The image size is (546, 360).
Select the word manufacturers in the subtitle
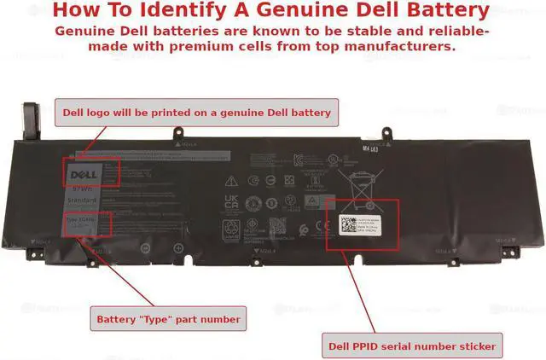pos(398,46)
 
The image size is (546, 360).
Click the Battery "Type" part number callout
pos(168,320)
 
